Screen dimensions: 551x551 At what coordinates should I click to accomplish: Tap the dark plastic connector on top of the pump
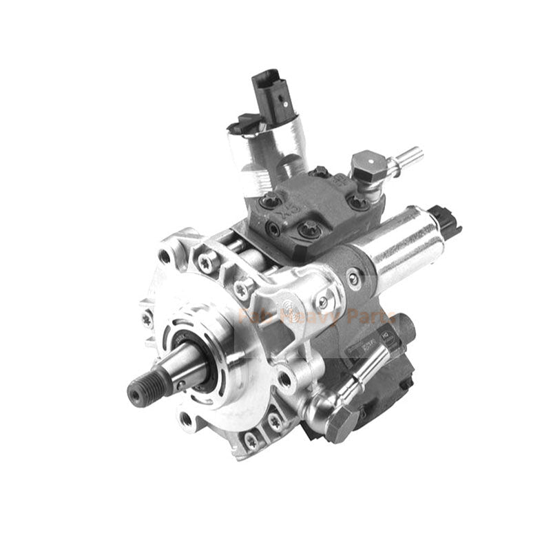coord(270,93)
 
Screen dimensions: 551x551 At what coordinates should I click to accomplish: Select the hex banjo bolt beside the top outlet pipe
coord(365,165)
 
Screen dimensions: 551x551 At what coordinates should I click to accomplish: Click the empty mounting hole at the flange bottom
coord(185,417)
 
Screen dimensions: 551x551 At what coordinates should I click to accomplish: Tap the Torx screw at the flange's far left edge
coord(147,319)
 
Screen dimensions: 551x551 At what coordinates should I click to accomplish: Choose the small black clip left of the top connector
coord(238,126)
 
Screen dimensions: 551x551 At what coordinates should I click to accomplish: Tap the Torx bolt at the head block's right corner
coord(357,202)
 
